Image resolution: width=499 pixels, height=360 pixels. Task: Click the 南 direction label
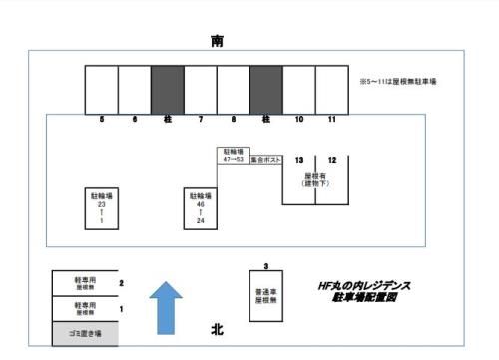coord(219,40)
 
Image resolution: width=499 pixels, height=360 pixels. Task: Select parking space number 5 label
coord(102,120)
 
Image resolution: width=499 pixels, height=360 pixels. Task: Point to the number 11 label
coord(331,120)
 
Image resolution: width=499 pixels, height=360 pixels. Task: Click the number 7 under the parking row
coord(201,120)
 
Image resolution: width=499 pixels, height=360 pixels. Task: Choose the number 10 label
coord(298,120)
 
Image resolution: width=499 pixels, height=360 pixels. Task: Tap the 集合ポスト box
coord(264,158)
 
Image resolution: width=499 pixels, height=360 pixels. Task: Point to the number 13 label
coord(299,160)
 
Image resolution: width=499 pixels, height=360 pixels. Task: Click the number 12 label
coord(332,160)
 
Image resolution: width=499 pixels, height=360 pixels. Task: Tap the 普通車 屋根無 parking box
coord(265,296)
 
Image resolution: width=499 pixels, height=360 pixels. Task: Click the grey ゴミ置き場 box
coord(85,334)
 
